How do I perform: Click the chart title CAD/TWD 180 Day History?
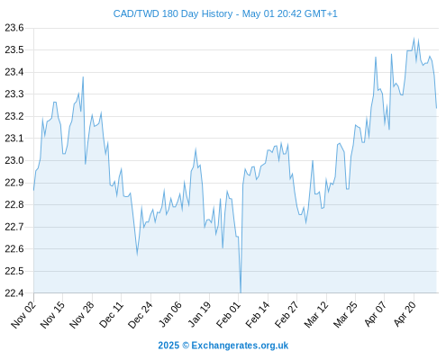click(x=173, y=13)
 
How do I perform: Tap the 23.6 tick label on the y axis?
click(x=14, y=28)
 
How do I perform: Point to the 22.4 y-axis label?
click(x=14, y=293)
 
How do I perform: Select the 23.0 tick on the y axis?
click(x=14, y=160)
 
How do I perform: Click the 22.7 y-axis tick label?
click(x=14, y=227)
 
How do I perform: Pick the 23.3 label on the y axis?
click(x=14, y=94)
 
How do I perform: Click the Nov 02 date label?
click(x=23, y=315)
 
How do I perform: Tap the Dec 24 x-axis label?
click(x=141, y=315)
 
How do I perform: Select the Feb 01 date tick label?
click(x=228, y=315)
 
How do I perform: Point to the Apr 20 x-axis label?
click(x=405, y=314)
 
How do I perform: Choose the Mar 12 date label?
click(x=316, y=315)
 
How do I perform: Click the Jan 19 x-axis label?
click(x=199, y=315)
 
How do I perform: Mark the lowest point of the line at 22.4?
click(x=241, y=292)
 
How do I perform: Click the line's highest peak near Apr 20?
click(x=414, y=39)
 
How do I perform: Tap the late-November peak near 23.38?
click(x=83, y=77)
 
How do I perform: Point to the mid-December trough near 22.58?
click(x=137, y=255)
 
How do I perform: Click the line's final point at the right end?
click(x=436, y=108)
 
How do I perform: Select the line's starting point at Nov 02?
click(x=33, y=190)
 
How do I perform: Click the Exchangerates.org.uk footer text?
click(x=240, y=346)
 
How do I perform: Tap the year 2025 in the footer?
click(x=168, y=346)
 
